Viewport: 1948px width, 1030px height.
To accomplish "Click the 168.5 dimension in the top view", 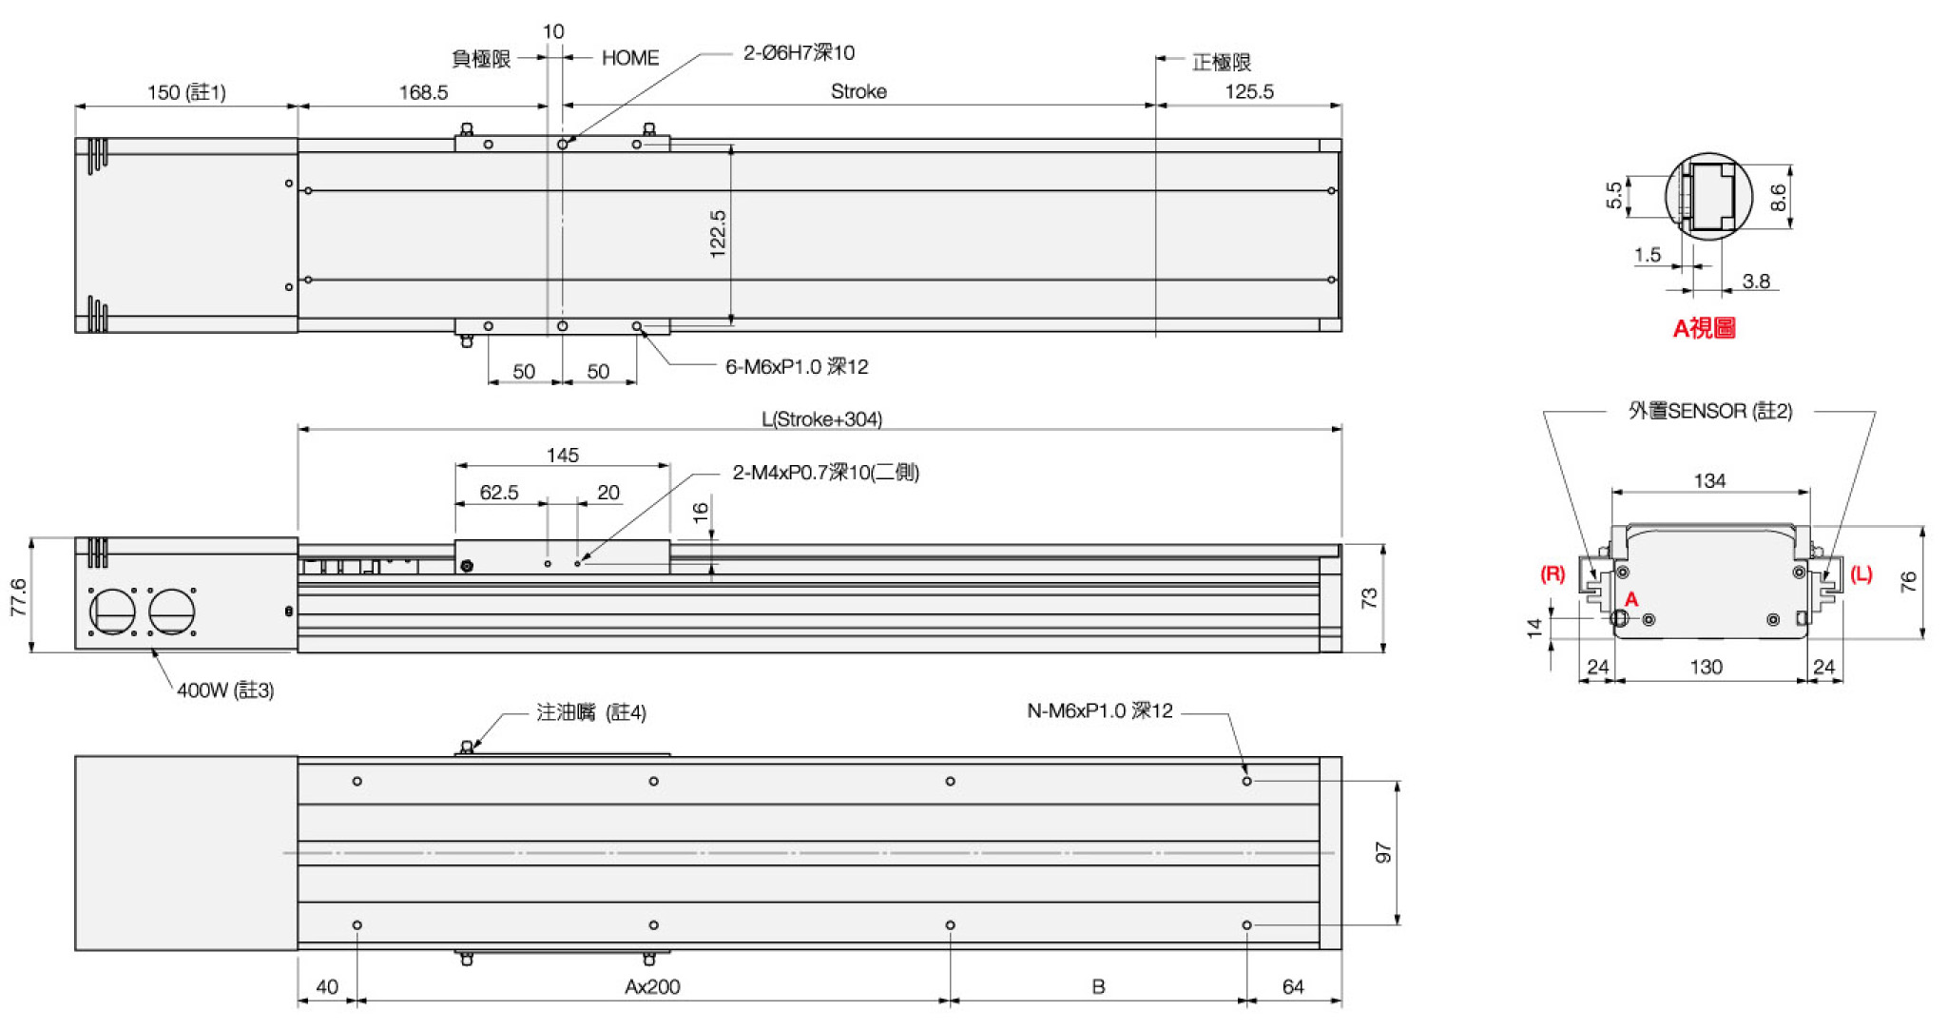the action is [x=423, y=92].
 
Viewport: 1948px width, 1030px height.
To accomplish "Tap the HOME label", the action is [x=630, y=58].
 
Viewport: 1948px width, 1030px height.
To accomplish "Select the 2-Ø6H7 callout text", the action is [x=799, y=53].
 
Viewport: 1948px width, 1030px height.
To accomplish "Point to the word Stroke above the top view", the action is [x=858, y=91].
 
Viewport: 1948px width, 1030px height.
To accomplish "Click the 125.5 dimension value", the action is [x=1249, y=91].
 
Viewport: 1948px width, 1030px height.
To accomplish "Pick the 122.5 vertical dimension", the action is [x=718, y=234].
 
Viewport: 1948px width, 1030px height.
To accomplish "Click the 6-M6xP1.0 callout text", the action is [x=797, y=367].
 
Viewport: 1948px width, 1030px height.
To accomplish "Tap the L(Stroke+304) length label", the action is [x=821, y=419].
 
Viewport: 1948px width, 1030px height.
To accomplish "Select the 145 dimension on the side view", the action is [x=563, y=456].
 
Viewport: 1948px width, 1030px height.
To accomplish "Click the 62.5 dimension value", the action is [x=499, y=493].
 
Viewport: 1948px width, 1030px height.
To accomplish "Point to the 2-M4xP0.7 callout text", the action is [x=825, y=473].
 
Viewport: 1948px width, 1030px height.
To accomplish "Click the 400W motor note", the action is [x=225, y=690].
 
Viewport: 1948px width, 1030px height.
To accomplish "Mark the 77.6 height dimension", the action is [x=18, y=597].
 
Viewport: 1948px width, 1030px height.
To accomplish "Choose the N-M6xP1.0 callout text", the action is [x=1100, y=711].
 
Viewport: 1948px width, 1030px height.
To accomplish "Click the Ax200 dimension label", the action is [x=652, y=987].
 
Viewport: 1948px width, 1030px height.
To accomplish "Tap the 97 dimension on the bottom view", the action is [x=1383, y=853].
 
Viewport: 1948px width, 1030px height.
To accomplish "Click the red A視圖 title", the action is [x=1705, y=329].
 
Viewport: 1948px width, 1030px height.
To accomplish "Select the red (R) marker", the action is [x=1553, y=573].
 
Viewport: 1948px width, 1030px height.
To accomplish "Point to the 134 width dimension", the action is [x=1709, y=481].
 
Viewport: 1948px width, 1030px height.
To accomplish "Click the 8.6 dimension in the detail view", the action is [x=1778, y=198].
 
